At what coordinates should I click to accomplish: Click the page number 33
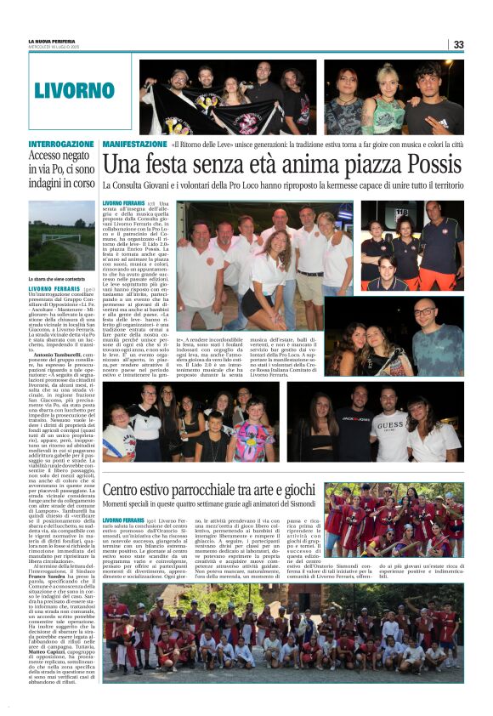tap(458, 44)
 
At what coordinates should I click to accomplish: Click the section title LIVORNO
tap(74, 91)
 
